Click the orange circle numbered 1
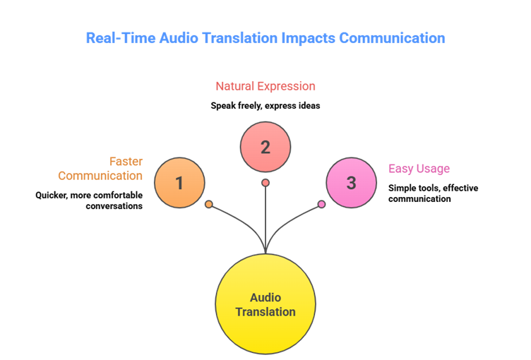pyautogui.click(x=179, y=184)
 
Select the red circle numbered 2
pyautogui.click(x=265, y=148)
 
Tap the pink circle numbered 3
pyautogui.click(x=351, y=184)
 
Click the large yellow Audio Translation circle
pyautogui.click(x=265, y=304)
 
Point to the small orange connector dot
pyautogui.click(x=208, y=204)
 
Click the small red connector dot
pyautogui.click(x=265, y=183)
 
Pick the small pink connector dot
pyautogui.click(x=321, y=204)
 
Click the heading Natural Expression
pyautogui.click(x=265, y=86)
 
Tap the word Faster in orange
pyautogui.click(x=126, y=162)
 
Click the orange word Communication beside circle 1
pyautogui.click(x=100, y=175)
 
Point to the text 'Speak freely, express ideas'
pyautogui.click(x=265, y=106)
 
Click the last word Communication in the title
pyautogui.click(x=392, y=38)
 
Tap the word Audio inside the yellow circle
pyautogui.click(x=265, y=298)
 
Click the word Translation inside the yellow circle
pyautogui.click(x=265, y=312)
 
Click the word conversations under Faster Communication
pyautogui.click(x=114, y=206)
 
